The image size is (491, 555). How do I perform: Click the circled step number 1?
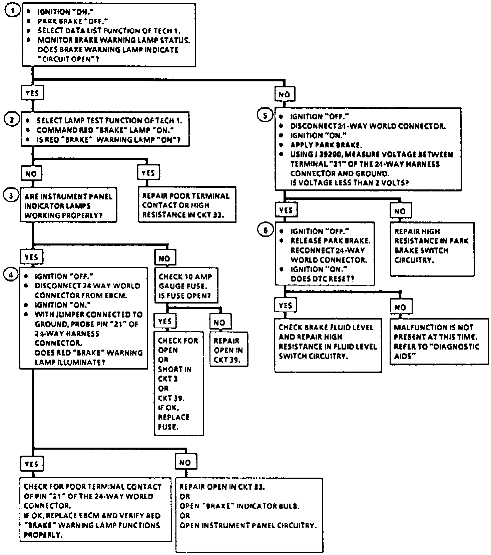[12, 11]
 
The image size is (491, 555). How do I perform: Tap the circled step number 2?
[12, 119]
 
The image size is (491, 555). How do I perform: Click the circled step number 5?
[265, 115]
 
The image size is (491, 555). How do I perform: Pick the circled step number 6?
[265, 230]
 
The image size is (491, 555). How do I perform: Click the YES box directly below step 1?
[32, 93]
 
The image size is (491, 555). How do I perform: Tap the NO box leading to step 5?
[284, 94]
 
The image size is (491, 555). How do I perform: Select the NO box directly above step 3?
[31, 173]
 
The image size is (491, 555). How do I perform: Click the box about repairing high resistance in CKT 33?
[187, 205]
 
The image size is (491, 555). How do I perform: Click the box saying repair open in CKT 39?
[228, 350]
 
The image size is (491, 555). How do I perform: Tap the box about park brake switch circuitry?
[432, 249]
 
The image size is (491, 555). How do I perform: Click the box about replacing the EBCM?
[95, 510]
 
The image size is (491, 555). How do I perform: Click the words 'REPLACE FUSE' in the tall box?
[173, 422]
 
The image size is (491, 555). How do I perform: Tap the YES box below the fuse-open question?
[165, 321]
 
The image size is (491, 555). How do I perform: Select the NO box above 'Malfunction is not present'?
[400, 307]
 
